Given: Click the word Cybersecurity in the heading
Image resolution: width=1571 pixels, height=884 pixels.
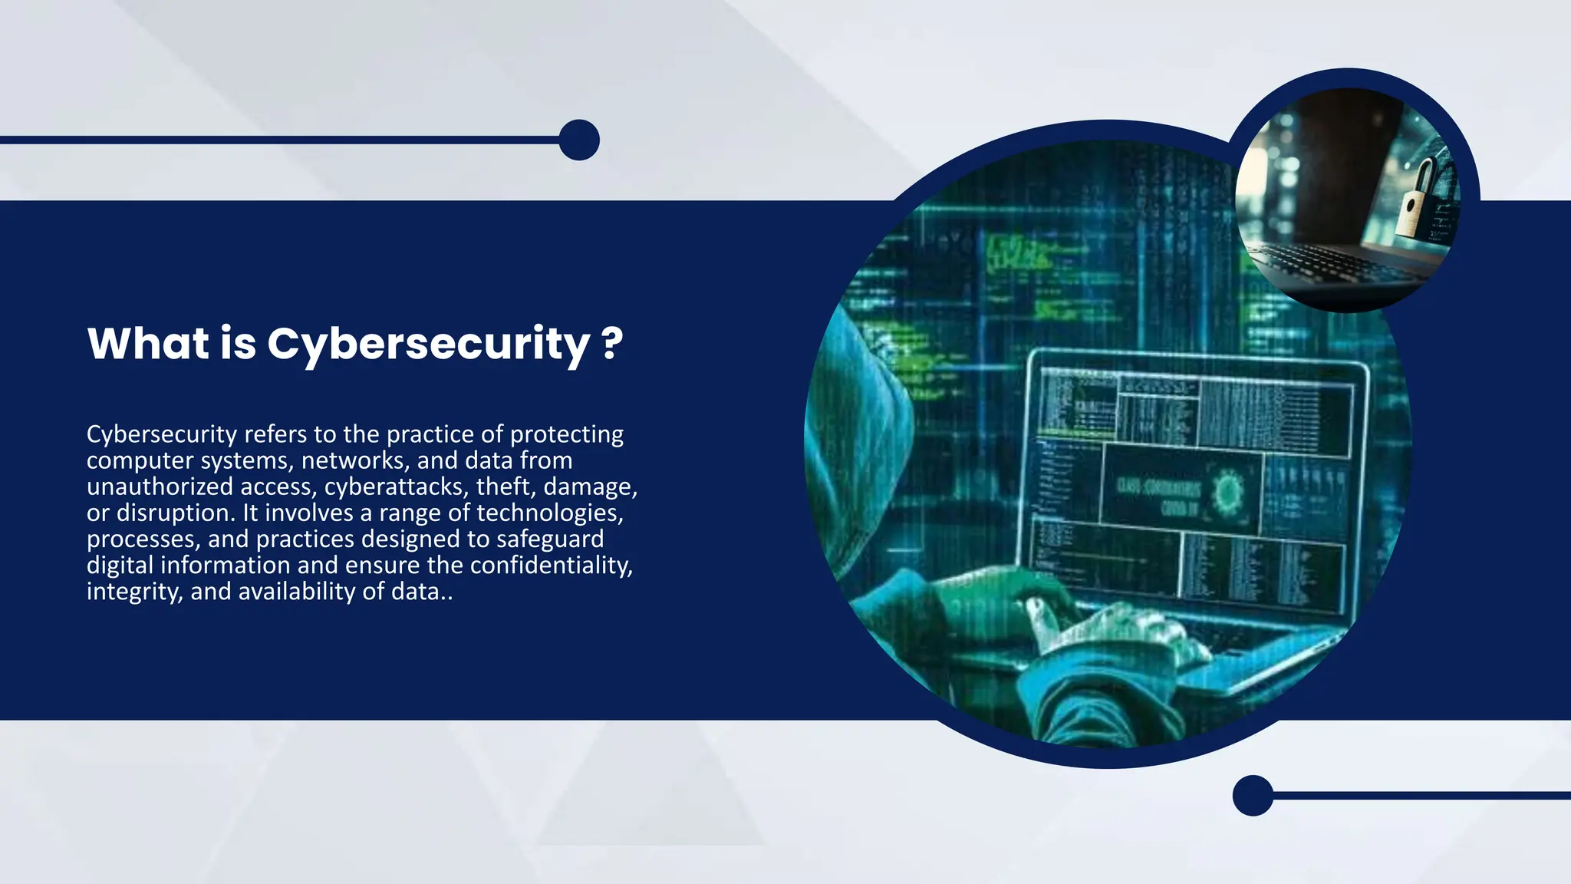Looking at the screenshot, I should coord(428,344).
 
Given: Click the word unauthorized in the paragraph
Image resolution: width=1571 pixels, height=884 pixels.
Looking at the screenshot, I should coord(160,487).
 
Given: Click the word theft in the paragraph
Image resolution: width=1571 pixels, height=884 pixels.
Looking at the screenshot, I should coord(504,487).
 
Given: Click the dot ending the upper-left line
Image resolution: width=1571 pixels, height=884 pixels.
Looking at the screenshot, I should coord(579,140).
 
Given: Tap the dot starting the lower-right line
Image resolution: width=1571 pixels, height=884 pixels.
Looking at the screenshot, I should coord(1253,796).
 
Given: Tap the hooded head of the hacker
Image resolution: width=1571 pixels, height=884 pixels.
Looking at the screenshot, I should coord(859,384).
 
